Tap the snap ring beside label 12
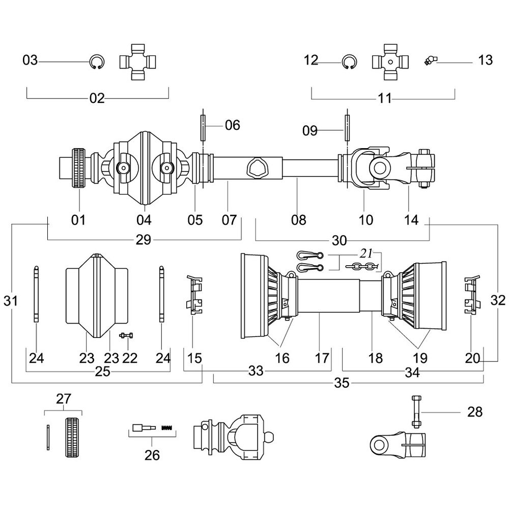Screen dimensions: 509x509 tap(349, 62)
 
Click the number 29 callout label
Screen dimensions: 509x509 tap(144, 240)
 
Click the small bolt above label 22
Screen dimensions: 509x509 tap(127, 335)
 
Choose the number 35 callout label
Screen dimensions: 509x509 tap(342, 383)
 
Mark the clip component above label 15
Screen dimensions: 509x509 tap(194, 295)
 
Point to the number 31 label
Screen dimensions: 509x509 tap(11, 301)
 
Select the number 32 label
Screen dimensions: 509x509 tap(499, 300)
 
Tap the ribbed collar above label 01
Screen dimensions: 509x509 tap(78, 168)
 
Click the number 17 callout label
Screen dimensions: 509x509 tap(322, 358)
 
